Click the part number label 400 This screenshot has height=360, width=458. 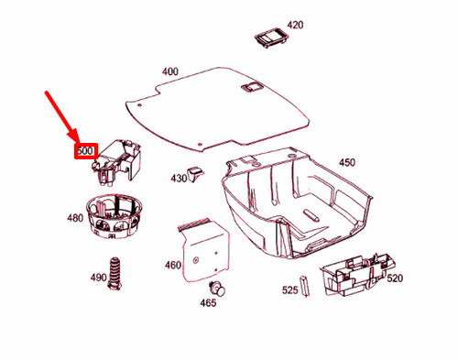click(x=170, y=71)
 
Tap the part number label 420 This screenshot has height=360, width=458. click(x=295, y=25)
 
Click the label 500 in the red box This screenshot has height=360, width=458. click(x=85, y=149)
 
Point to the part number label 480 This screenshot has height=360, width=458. click(x=74, y=219)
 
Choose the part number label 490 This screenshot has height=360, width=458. click(x=97, y=277)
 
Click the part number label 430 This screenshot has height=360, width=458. click(x=177, y=178)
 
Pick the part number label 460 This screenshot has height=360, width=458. click(x=172, y=266)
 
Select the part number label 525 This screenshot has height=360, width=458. click(x=289, y=290)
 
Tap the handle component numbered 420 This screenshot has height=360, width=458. click(x=270, y=37)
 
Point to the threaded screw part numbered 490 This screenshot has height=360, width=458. click(x=114, y=274)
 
